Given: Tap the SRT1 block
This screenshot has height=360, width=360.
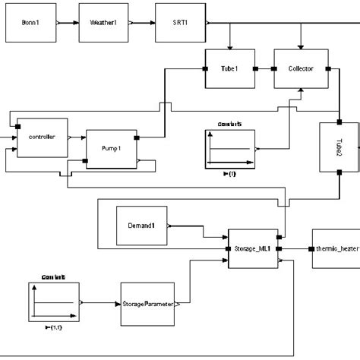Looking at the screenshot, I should click(179, 23).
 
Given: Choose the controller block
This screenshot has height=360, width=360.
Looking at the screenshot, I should click(42, 137).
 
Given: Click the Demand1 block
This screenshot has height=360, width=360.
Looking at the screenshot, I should click(141, 226).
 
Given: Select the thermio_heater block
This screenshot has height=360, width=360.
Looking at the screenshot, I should click(334, 248).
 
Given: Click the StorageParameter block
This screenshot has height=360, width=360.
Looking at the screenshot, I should click(148, 304).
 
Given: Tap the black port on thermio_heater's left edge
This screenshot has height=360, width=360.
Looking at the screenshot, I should click(310, 248).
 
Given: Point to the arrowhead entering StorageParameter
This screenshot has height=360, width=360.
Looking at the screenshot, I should click(118, 304).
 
